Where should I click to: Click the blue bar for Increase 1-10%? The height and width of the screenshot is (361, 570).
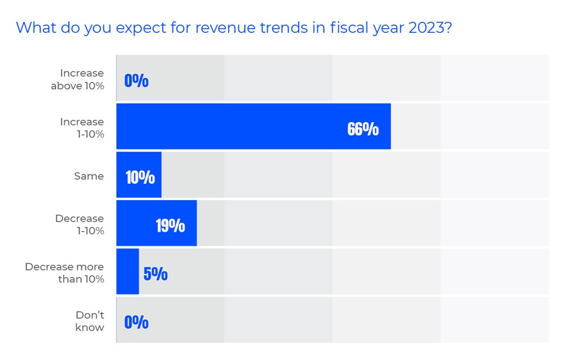click(x=253, y=126)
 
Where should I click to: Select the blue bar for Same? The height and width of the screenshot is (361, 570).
click(x=139, y=175)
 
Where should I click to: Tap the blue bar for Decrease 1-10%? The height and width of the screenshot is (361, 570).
click(x=156, y=223)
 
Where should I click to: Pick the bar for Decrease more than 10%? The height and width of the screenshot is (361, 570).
click(x=127, y=271)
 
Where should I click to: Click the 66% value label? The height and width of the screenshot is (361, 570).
click(x=363, y=129)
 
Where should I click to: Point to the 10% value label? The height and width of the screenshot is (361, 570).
click(x=140, y=177)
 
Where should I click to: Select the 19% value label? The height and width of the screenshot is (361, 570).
click(x=170, y=225)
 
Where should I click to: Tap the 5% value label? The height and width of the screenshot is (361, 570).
click(x=156, y=274)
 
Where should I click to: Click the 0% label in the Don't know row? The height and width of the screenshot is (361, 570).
click(x=136, y=322)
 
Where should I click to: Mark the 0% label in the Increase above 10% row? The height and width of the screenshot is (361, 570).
click(x=136, y=81)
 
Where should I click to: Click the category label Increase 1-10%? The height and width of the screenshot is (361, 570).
click(x=82, y=128)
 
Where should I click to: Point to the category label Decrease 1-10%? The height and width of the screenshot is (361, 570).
click(x=80, y=224)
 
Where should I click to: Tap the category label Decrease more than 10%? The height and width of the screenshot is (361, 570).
click(x=64, y=273)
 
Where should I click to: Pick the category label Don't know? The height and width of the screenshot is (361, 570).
click(x=89, y=321)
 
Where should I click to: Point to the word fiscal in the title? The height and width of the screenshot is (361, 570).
click(x=339, y=27)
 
